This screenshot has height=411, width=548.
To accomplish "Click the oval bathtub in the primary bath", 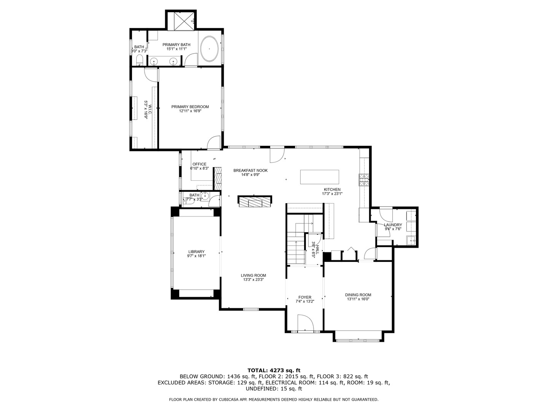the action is pyautogui.click(x=209, y=49).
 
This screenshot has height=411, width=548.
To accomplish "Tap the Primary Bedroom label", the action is pyautogui.click(x=190, y=107).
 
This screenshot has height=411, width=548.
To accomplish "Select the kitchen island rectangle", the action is pyautogui.click(x=320, y=177).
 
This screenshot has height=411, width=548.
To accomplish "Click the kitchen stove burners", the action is pyautogui.click(x=364, y=180).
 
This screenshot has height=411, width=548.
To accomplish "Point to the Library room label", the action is pyautogui.click(x=196, y=252).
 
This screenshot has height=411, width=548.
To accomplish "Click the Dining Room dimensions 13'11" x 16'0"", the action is pyautogui.click(x=358, y=299).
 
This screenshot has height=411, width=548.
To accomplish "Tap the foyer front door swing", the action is pyautogui.click(x=306, y=322).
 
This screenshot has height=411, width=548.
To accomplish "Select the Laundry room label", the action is pyautogui.click(x=393, y=225).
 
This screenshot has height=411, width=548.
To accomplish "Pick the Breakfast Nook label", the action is pyautogui.click(x=250, y=171).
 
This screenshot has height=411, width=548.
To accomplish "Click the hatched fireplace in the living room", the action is pyautogui.click(x=255, y=201).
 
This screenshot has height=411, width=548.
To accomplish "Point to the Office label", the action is pyautogui.click(x=199, y=164).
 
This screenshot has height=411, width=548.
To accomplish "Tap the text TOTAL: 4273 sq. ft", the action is pyautogui.click(x=274, y=370).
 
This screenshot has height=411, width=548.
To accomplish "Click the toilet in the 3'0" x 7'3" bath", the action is pyautogui.click(x=140, y=60).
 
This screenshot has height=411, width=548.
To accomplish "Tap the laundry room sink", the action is pyautogui.click(x=411, y=240).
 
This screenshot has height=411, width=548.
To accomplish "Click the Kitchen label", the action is pyautogui.click(x=332, y=190).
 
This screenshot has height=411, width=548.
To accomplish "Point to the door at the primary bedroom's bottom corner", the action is pyautogui.click(x=214, y=143).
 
